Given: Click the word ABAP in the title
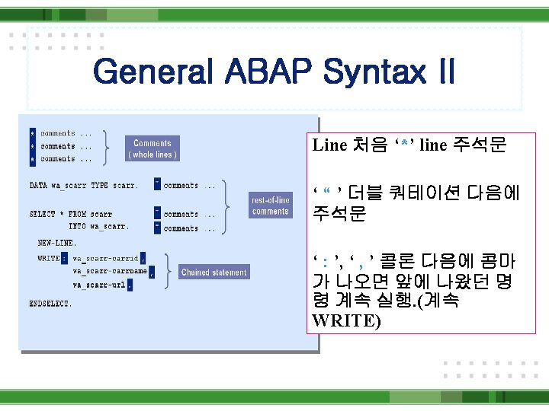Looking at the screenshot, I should pos(267,73).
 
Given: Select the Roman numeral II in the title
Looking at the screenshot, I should pos(441,73).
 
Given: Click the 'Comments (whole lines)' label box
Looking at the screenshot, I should pos(152,148).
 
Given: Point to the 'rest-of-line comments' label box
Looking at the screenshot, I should pos(270,205).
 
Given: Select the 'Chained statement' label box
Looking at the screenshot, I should pos(213,272).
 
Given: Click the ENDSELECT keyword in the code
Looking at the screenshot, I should pos(50,303).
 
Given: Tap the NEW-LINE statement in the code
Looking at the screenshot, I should pos(58,244).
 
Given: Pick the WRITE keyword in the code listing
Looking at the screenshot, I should pos(48,258).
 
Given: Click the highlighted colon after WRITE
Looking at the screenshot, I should pos(65,258).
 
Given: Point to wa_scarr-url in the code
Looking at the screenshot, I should pos(98,285).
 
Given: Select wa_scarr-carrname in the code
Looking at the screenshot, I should pos(110,271).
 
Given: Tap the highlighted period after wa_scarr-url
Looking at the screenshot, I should pos(130,285).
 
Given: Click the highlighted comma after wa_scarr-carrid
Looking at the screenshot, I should pos(143,259).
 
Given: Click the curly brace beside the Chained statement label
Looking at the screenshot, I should pos(168,272).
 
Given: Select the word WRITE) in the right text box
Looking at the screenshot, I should pos(346,320).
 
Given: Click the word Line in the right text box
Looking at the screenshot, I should pos(330,145).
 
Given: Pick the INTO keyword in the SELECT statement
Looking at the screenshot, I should pos(77,226).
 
